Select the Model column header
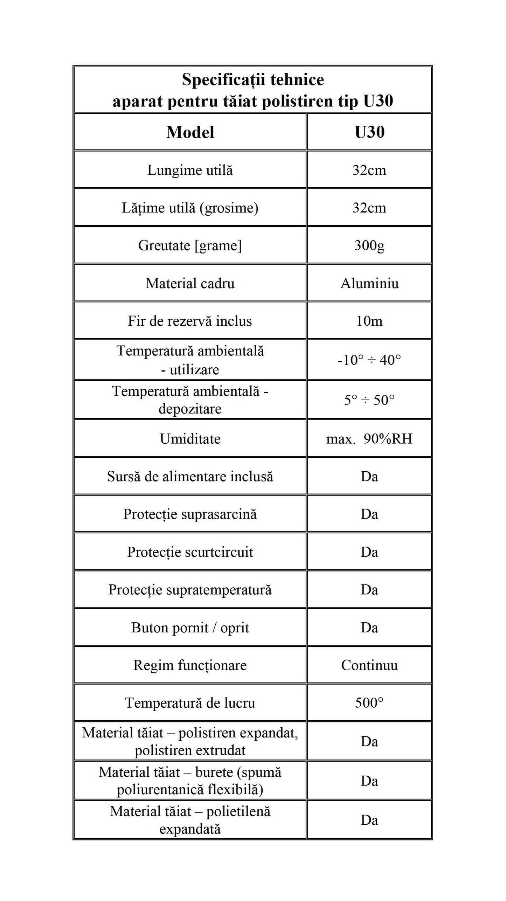190,132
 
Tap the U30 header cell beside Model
369,132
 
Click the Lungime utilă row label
190,170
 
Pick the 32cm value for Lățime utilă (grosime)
369,208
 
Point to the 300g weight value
369,245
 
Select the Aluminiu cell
369,283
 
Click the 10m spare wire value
369,321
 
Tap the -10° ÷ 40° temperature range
369,360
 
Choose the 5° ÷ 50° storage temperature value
369,400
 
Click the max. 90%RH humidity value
369,439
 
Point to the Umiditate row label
190,439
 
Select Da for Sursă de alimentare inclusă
369,477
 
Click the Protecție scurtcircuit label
190,552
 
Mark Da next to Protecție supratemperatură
369,590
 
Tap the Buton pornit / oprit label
190,628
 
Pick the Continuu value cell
369,665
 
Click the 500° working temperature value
369,703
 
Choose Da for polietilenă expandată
369,820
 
